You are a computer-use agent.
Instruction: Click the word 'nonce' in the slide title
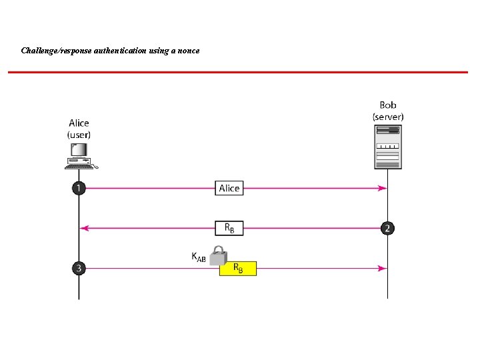pyautogui.click(x=187, y=51)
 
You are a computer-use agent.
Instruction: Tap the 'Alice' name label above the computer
pyautogui.click(x=79, y=123)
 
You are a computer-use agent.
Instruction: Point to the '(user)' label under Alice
pyautogui.click(x=79, y=135)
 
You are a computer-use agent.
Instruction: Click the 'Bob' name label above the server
pyautogui.click(x=387, y=105)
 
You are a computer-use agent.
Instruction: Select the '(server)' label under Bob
pyautogui.click(x=387, y=117)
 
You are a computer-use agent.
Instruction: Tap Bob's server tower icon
pyautogui.click(x=387, y=146)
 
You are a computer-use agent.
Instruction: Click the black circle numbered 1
pyautogui.click(x=79, y=189)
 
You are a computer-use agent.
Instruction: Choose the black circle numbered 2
pyautogui.click(x=387, y=229)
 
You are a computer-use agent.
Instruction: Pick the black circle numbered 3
pyautogui.click(x=79, y=269)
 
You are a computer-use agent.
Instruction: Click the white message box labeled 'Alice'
pyautogui.click(x=229, y=189)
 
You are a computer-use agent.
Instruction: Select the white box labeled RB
pyautogui.click(x=229, y=229)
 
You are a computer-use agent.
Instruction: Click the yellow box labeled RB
pyautogui.click(x=237, y=269)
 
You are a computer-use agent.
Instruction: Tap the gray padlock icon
pyautogui.click(x=217, y=256)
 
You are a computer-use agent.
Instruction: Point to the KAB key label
pyautogui.click(x=198, y=257)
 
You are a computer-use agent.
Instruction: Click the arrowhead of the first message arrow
pyautogui.click(x=382, y=189)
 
